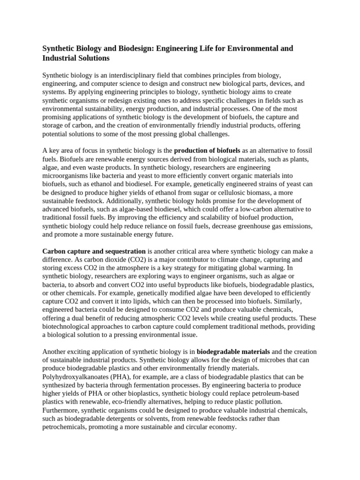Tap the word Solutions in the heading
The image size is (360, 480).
(x=93, y=59)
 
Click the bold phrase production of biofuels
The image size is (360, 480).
(x=207, y=150)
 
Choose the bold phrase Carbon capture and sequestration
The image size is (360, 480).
(x=94, y=252)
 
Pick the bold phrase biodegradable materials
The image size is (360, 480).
(x=233, y=352)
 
